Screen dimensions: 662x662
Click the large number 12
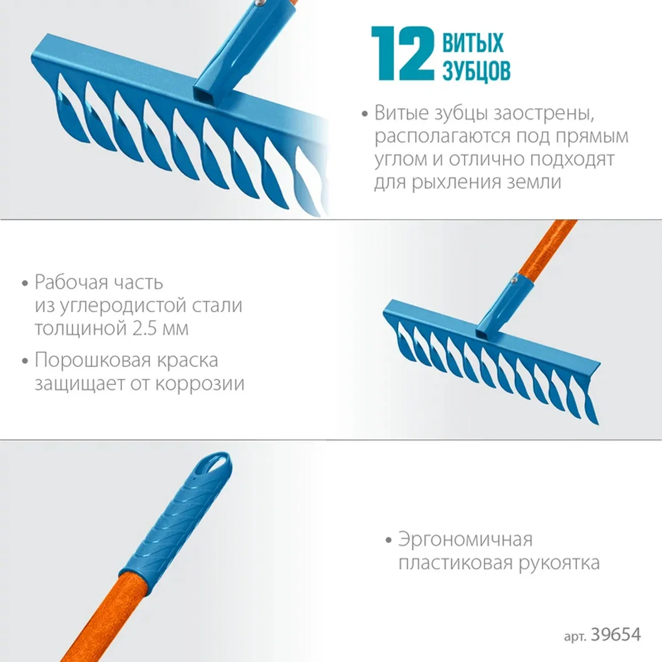[x=403, y=54]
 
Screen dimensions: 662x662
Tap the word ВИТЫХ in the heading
[x=473, y=42]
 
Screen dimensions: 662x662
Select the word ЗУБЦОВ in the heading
[x=477, y=71]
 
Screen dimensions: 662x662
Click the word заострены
[x=543, y=113]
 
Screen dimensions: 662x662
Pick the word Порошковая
[x=93, y=361]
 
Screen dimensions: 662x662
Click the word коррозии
[x=200, y=384]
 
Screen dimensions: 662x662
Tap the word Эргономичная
[x=465, y=540]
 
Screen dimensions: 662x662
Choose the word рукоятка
[x=559, y=563]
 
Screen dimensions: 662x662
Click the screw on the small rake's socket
[x=513, y=280]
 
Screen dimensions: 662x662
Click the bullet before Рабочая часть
[x=24, y=284]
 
